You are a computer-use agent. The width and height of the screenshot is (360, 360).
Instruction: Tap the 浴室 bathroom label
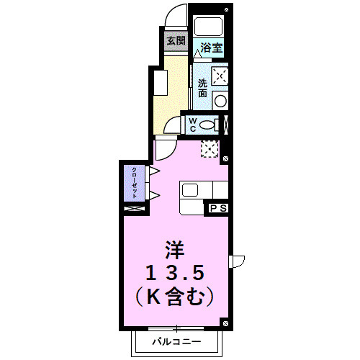[211, 48]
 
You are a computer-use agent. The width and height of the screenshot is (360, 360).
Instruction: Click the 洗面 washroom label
[202, 88]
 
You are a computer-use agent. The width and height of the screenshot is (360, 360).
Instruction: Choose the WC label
[193, 125]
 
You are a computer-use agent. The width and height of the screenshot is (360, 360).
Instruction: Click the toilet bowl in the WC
[208, 125]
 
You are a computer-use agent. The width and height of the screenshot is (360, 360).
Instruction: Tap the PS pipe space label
[218, 208]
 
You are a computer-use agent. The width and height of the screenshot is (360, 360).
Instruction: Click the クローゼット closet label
[135, 183]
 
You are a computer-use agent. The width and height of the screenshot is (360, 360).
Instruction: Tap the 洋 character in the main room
[176, 251]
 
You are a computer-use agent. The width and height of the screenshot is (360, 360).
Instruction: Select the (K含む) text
[176, 294]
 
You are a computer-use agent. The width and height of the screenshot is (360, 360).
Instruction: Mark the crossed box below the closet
[135, 209]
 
